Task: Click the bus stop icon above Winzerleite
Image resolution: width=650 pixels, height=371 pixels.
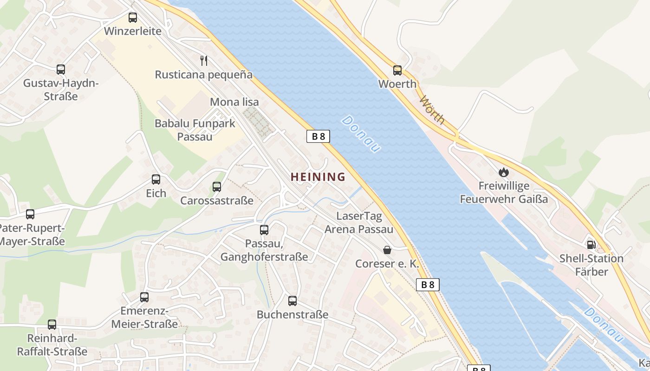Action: pyautogui.click(x=133, y=18)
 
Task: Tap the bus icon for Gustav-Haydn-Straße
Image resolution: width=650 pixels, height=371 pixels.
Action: pyautogui.click(x=61, y=70)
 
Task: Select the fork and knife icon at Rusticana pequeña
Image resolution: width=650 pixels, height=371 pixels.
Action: pyautogui.click(x=203, y=60)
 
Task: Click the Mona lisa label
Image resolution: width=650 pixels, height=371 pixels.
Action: pyautogui.click(x=234, y=102)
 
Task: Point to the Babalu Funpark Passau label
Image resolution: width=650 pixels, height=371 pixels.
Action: pyautogui.click(x=195, y=130)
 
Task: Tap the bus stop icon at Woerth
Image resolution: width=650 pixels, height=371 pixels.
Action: pyautogui.click(x=397, y=70)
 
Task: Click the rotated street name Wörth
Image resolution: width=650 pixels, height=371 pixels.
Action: pyautogui.click(x=432, y=109)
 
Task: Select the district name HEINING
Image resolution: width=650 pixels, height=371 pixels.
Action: pyautogui.click(x=318, y=177)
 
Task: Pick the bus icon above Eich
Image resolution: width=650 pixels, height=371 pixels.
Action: pyautogui.click(x=156, y=179)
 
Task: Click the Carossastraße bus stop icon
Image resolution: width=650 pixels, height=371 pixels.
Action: pyautogui.click(x=217, y=187)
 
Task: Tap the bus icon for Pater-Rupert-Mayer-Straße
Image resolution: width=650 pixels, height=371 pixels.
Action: pyautogui.click(x=30, y=214)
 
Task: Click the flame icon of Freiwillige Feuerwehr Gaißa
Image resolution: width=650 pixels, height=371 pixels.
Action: pyautogui.click(x=504, y=173)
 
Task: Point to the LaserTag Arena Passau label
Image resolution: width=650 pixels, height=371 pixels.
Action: pyautogui.click(x=359, y=223)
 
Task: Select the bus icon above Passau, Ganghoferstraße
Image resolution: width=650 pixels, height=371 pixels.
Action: pyautogui.click(x=264, y=230)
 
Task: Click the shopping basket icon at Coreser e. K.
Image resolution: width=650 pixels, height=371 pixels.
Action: pyautogui.click(x=387, y=250)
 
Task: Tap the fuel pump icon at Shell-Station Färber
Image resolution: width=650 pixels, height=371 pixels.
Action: pyautogui.click(x=591, y=244)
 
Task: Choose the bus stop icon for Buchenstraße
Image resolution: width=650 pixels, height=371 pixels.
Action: pyautogui.click(x=292, y=301)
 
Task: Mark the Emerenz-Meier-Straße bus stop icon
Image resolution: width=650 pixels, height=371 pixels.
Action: pyautogui.click(x=144, y=297)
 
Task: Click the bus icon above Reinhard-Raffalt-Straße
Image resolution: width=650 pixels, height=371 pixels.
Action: pyautogui.click(x=52, y=325)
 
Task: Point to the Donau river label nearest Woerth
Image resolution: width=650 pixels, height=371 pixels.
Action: pyautogui.click(x=361, y=134)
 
